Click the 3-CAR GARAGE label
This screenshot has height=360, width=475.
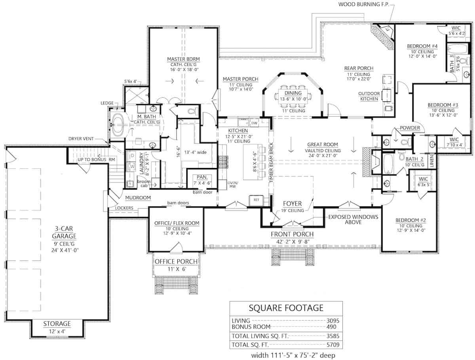58,232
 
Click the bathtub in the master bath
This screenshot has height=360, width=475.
118,124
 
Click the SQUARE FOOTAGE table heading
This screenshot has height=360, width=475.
286,308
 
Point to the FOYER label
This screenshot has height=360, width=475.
292,204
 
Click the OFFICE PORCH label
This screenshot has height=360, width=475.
177,261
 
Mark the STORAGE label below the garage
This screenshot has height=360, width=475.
57,324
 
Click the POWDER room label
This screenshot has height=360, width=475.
409,128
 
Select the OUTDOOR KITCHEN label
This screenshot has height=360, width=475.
369,96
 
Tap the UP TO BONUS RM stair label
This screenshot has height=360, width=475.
90,159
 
